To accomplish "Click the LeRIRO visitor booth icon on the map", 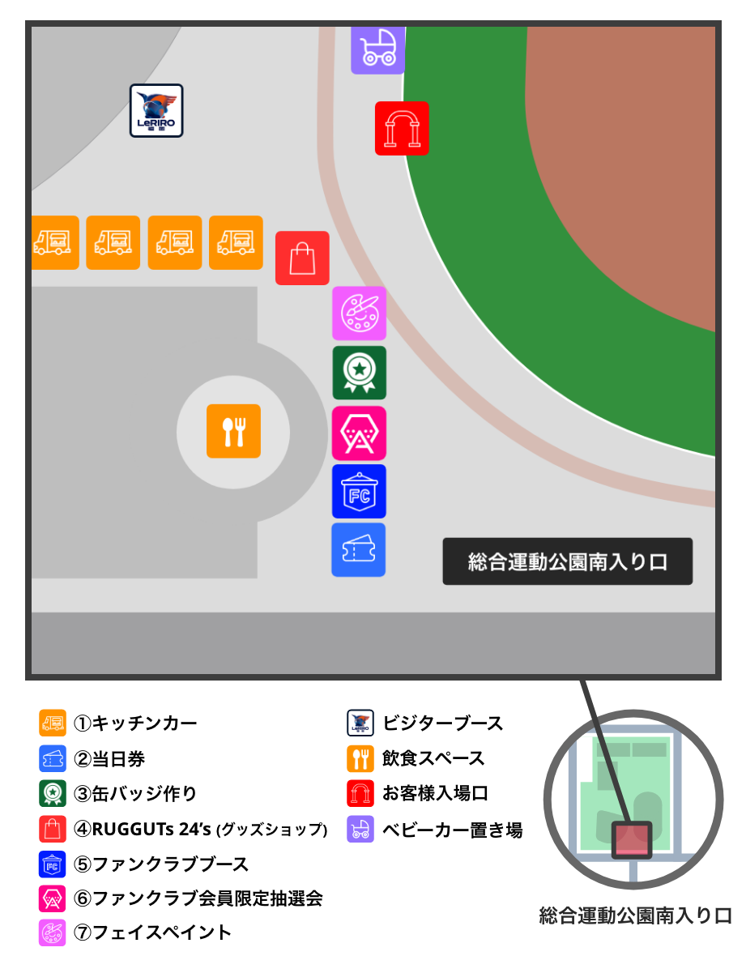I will (x=156, y=111).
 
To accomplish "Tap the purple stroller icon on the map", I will (x=377, y=49).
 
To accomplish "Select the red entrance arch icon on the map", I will (x=402, y=128).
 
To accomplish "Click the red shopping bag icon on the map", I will (x=302, y=258).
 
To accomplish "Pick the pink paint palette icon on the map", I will (x=359, y=314).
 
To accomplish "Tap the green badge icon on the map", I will (x=359, y=373).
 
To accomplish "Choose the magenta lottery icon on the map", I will (x=359, y=433).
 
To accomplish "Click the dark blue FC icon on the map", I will (x=359, y=492).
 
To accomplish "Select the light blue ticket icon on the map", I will (x=359, y=550).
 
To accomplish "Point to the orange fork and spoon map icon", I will (x=233, y=431).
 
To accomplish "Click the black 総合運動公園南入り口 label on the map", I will (x=567, y=561).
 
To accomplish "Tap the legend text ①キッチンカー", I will (x=135, y=723).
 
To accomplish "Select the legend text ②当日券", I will (x=109, y=759).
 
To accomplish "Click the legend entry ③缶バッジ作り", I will (x=135, y=794).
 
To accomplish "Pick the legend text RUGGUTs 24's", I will (x=153, y=829).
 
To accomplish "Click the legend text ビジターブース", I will (x=442, y=723).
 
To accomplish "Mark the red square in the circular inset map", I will (x=631, y=839).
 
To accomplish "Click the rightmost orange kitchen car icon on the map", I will (x=236, y=242).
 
